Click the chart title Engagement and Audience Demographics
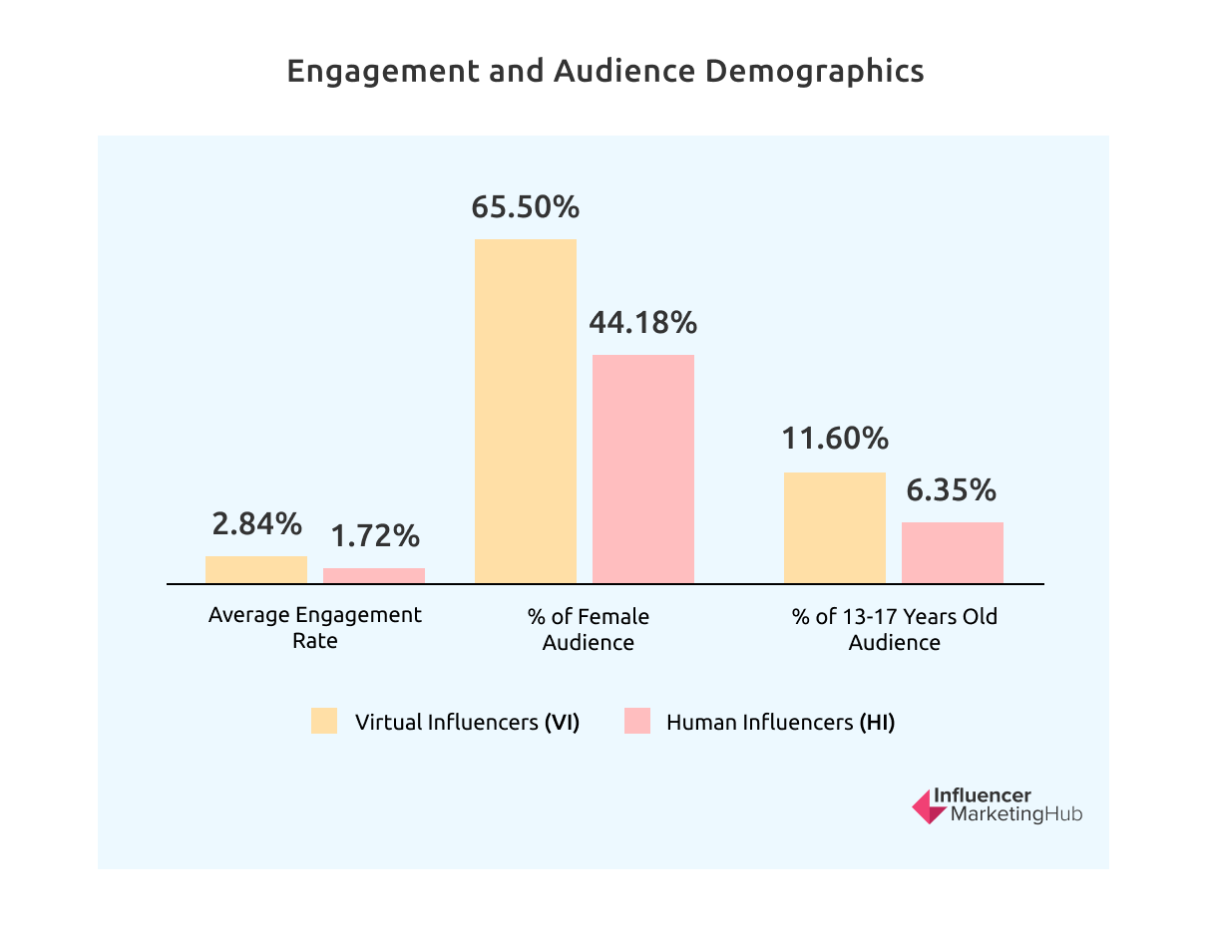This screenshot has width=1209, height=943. click(x=604, y=72)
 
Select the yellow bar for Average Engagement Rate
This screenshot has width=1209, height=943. click(x=256, y=569)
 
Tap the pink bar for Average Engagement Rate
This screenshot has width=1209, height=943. click(x=374, y=575)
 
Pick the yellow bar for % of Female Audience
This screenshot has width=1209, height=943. click(x=526, y=411)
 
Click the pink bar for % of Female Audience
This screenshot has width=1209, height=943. click(x=643, y=469)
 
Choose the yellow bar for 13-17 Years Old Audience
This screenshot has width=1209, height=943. click(x=835, y=527)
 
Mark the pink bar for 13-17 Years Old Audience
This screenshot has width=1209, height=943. click(x=953, y=552)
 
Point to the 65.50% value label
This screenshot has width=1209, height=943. click(x=526, y=207)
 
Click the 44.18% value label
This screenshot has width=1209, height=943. click(x=643, y=323)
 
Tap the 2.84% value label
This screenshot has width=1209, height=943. click(x=256, y=523)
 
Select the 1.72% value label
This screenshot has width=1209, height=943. click(x=375, y=536)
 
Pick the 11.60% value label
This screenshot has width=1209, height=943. click(x=835, y=440)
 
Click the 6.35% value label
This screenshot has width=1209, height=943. click(x=953, y=490)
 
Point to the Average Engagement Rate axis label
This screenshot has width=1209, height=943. click(x=315, y=628)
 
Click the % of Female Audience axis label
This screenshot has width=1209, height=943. click(x=589, y=629)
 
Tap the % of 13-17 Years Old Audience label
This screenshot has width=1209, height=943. click(x=895, y=629)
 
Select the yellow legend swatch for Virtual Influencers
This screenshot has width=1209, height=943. click(x=324, y=722)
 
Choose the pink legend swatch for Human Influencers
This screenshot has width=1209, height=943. click(x=637, y=722)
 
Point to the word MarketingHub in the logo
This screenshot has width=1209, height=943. click(x=1014, y=815)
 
